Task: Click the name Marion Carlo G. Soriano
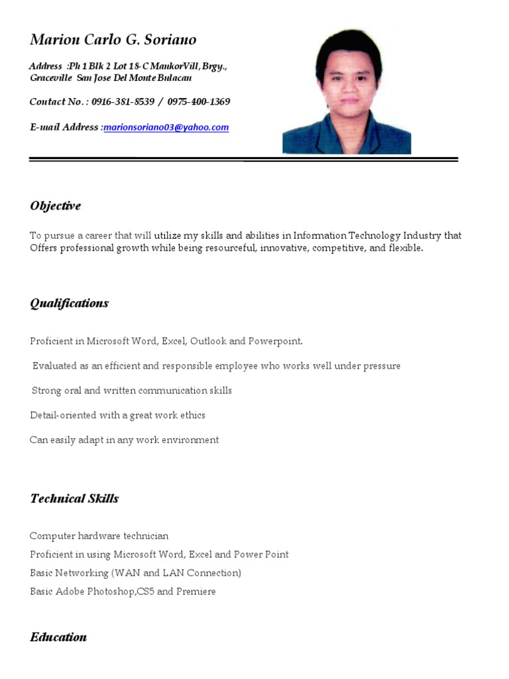[113, 40]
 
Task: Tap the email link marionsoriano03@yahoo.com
[166, 127]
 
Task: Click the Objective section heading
[55, 206]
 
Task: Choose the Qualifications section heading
[69, 303]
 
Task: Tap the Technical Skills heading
[74, 499]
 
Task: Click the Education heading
[58, 637]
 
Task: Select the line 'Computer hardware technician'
[99, 536]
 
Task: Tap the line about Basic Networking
[135, 573]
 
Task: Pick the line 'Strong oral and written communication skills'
[132, 391]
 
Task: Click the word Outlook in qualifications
[209, 341]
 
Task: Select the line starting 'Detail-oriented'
[117, 415]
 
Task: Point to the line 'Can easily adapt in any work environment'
[124, 440]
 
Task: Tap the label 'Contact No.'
[57, 101]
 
